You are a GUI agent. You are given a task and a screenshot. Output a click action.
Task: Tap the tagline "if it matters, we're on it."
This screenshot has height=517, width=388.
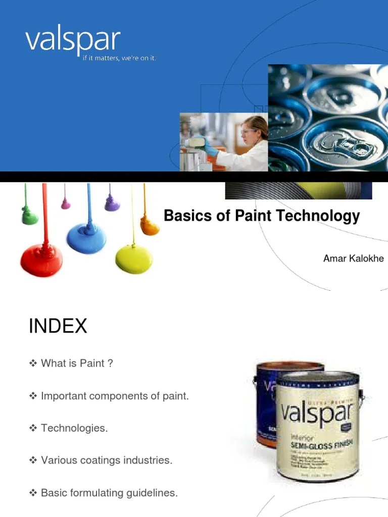120,59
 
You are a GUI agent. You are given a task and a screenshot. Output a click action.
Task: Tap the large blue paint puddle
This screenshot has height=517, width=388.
86,237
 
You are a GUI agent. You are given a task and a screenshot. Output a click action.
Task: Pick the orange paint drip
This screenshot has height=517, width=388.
150,226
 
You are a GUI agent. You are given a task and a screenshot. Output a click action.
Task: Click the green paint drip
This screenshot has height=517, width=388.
30,216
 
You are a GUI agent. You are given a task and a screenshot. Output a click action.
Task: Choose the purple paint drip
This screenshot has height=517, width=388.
112,204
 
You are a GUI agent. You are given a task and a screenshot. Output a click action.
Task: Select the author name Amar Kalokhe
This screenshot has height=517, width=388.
353,258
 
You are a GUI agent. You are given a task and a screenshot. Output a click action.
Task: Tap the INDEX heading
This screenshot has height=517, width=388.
58,326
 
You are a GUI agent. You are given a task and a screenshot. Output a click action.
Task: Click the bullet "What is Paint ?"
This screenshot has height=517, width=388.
76,363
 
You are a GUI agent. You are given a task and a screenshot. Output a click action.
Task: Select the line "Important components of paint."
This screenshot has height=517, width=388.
115,396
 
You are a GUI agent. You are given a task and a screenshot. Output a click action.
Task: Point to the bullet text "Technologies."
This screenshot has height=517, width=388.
74,428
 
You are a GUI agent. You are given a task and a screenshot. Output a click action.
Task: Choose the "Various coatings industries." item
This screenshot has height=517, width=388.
107,460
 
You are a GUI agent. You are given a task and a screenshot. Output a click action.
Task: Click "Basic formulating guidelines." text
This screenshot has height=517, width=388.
109,493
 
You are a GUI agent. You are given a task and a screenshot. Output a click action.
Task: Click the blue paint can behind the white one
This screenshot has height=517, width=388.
265,404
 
